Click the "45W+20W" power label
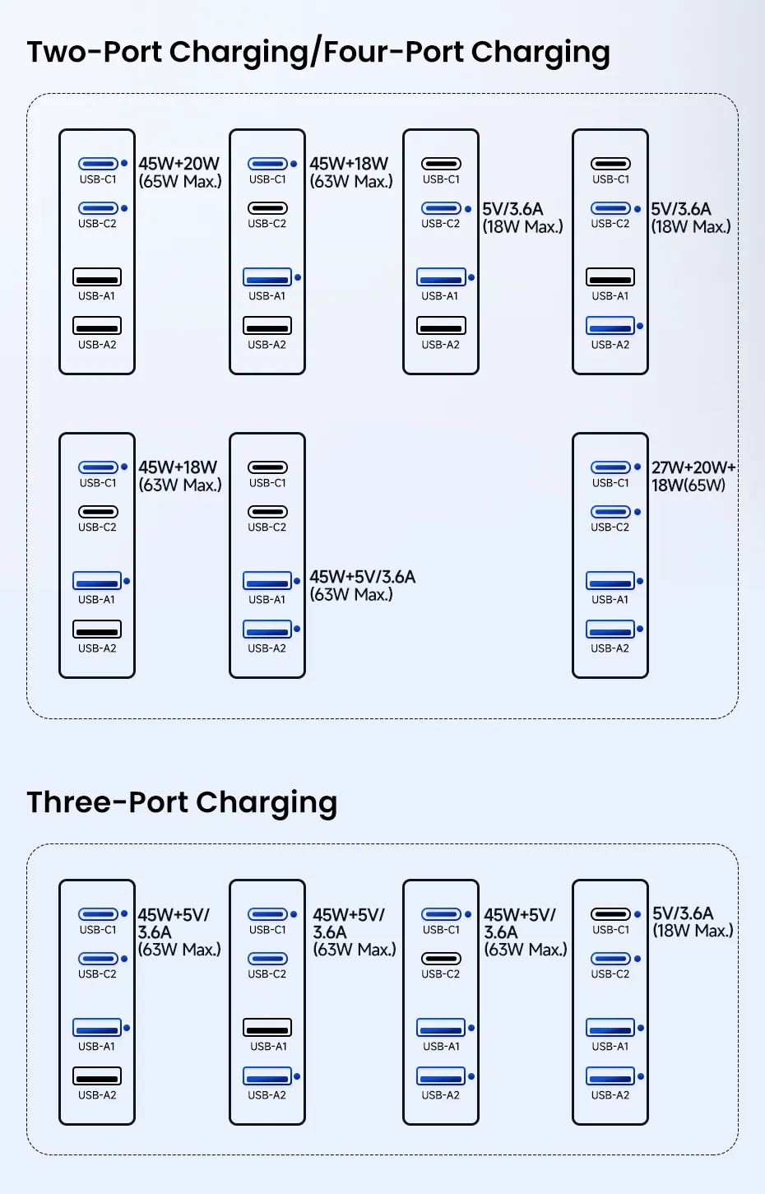[x=178, y=164]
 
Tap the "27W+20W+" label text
[x=693, y=467]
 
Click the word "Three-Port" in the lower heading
[x=107, y=802]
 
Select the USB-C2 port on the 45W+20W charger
[x=97, y=208]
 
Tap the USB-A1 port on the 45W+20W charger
[x=97, y=277]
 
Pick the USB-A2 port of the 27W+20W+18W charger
[x=610, y=630]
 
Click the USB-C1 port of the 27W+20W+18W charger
[x=610, y=467]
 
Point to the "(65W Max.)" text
[x=180, y=182]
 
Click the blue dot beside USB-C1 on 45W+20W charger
[x=124, y=164]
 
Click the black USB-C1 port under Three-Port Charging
[x=610, y=914]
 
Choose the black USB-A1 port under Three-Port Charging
[x=267, y=1028]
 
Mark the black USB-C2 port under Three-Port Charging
[x=441, y=959]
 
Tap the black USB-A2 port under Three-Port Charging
[x=97, y=1076]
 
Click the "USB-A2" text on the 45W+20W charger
[x=97, y=345]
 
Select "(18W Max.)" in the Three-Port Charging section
[x=693, y=931]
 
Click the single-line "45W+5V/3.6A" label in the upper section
[x=362, y=577]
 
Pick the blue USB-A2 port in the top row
[x=610, y=326]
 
